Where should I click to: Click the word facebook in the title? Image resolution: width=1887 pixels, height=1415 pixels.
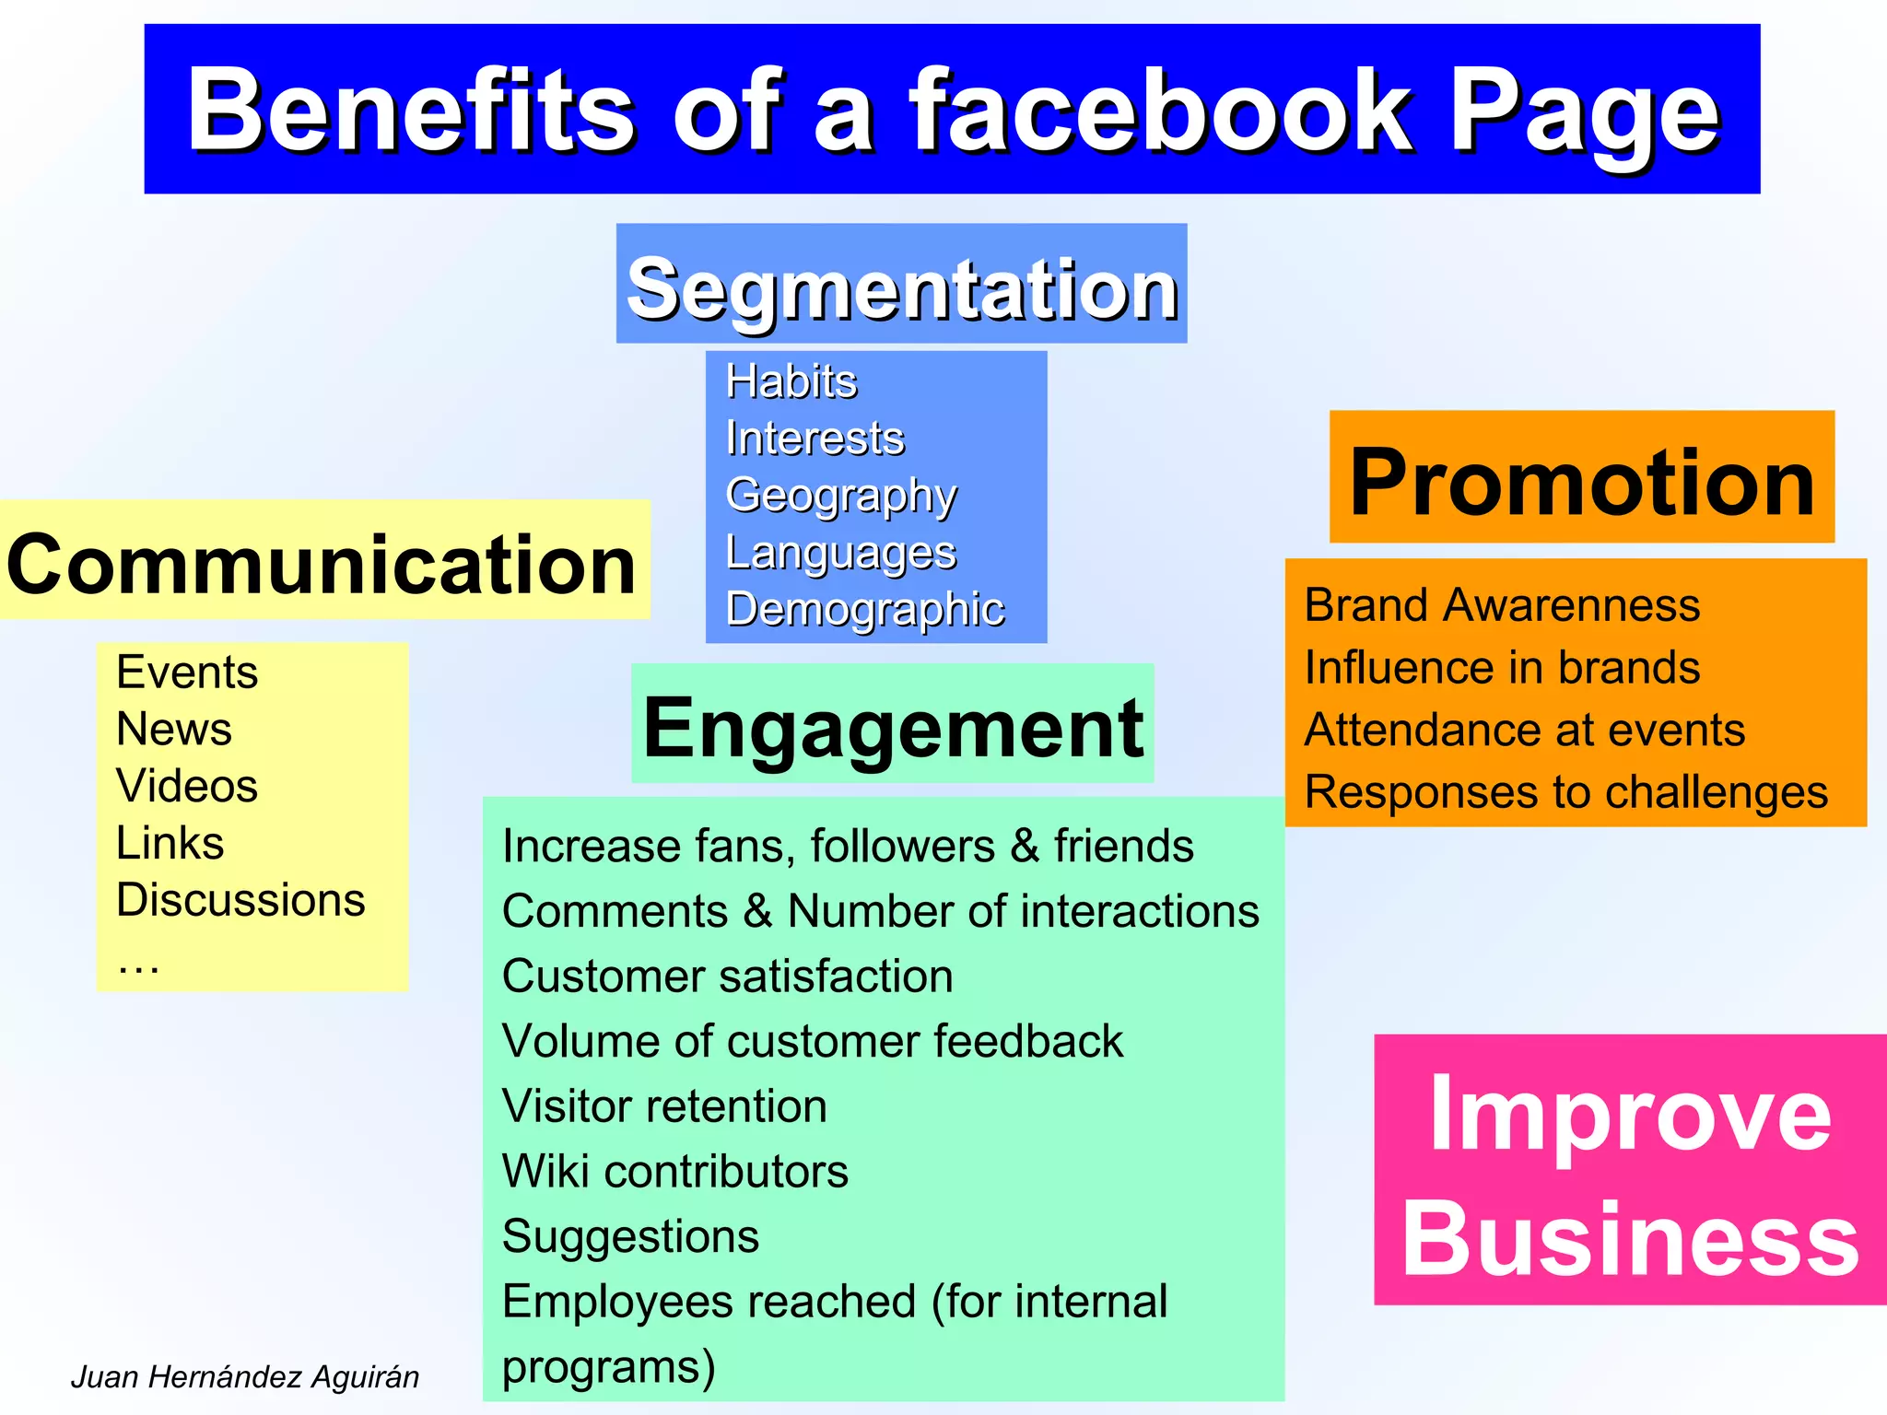1160,111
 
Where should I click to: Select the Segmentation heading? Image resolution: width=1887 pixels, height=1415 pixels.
901,287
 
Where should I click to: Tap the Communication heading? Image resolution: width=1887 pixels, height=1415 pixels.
321,564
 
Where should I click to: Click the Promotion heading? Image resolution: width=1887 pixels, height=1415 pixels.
1581,482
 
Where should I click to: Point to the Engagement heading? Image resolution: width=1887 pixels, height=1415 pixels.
892,728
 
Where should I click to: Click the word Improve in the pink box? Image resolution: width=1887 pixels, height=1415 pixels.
1629,1115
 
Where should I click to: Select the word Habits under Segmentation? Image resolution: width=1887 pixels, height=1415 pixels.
791,381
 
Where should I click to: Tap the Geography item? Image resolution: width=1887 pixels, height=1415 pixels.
840,496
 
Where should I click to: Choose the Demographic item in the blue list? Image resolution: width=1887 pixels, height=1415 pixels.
864,609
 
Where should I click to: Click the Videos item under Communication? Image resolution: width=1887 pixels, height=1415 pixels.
186,786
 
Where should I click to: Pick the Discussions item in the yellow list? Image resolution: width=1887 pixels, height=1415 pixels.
240,899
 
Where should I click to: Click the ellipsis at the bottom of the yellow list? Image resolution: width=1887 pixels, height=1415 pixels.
138,964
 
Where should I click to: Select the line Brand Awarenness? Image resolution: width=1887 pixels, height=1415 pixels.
1502,605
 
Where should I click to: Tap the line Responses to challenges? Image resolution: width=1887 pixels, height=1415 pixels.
1565,792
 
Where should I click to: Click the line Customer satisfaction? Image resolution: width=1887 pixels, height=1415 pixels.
727,976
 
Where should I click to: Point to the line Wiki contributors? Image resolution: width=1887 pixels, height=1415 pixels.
674,1171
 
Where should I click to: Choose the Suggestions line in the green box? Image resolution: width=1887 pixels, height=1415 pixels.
630,1236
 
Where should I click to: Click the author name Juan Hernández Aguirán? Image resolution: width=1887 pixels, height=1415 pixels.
245,1376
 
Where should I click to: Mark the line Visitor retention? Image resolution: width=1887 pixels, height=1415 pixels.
664,1105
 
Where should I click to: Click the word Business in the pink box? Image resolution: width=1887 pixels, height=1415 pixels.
1629,1239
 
